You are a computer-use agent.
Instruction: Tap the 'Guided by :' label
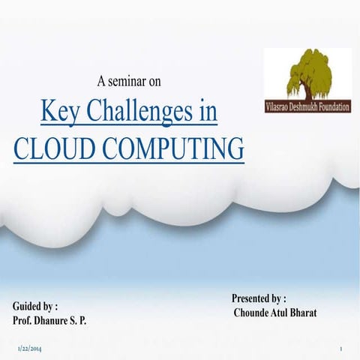point(35,307)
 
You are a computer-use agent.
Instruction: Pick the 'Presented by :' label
point(258,298)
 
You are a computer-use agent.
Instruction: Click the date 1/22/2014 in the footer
point(28,349)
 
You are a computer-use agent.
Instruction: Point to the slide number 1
point(340,349)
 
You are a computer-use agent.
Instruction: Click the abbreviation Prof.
point(24,320)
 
